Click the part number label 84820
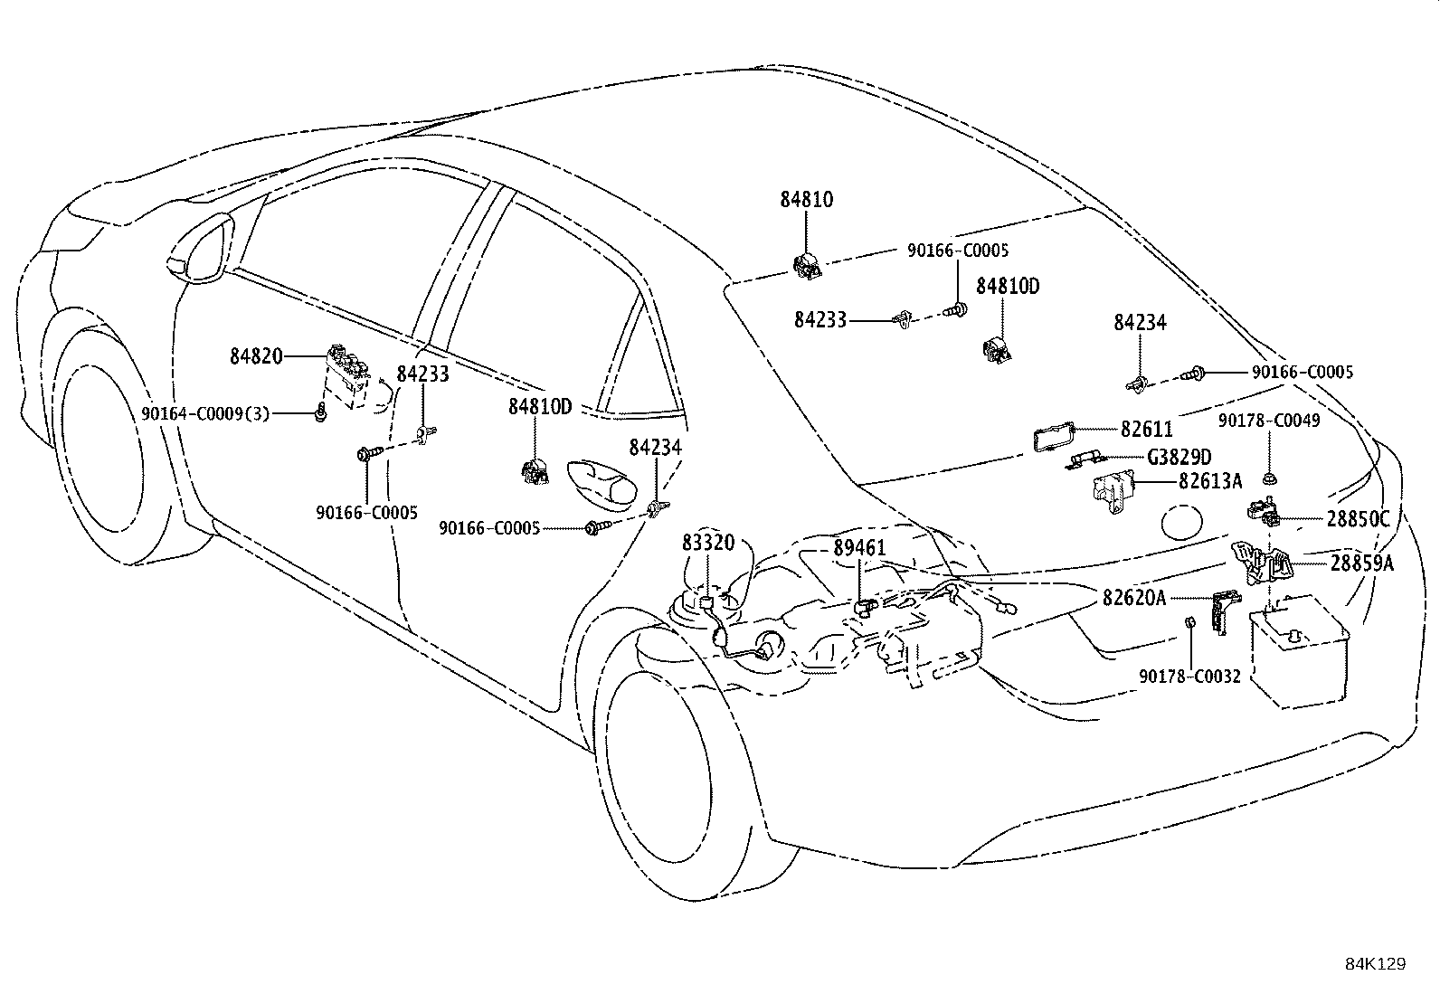pyautogui.click(x=256, y=356)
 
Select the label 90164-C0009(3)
pyautogui.click(x=205, y=413)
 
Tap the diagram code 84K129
pyautogui.click(x=1375, y=964)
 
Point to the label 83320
pyautogui.click(x=708, y=542)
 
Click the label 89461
pyautogui.click(x=859, y=548)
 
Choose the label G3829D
pyautogui.click(x=1179, y=458)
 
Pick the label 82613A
pyautogui.click(x=1209, y=482)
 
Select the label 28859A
pyautogui.click(x=1361, y=563)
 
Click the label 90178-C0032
pyautogui.click(x=1189, y=676)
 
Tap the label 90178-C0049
pyautogui.click(x=1269, y=421)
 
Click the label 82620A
pyautogui.click(x=1134, y=597)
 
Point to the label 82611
pyautogui.click(x=1146, y=430)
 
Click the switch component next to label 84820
pyautogui.click(x=348, y=371)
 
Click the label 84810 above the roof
pyautogui.click(x=807, y=199)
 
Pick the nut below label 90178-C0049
pyautogui.click(x=1269, y=477)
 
